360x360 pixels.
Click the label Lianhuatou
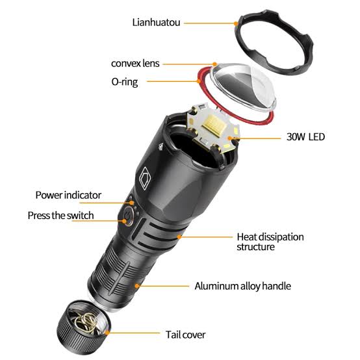(157, 22)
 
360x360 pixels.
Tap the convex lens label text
(135, 64)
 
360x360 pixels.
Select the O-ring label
(124, 82)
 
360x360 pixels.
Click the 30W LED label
(305, 136)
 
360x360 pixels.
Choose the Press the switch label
(60, 215)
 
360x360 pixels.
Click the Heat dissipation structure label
(270, 241)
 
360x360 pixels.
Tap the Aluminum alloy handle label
(242, 286)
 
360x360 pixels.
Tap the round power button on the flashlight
(127, 216)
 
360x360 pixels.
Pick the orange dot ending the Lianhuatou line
(235, 23)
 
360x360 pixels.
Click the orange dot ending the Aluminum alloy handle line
(136, 286)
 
